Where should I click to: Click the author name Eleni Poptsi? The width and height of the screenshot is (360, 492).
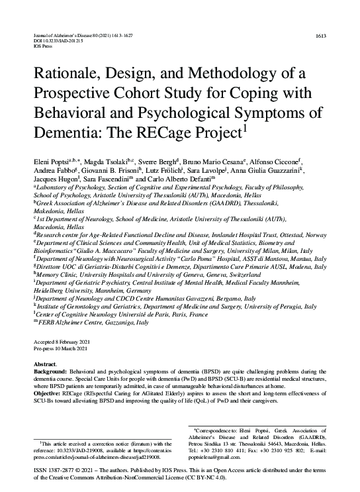(x=50, y=161)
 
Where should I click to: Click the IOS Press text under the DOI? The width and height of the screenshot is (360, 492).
(x=43, y=47)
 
